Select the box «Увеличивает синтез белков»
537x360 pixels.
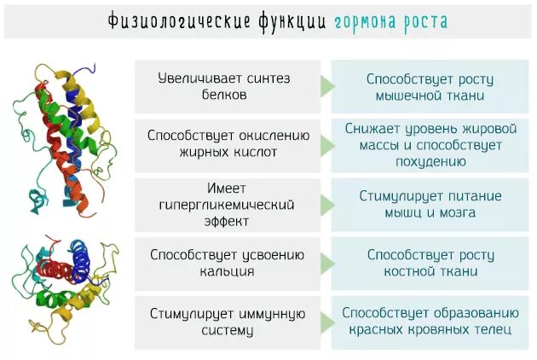pyautogui.click(x=227, y=86)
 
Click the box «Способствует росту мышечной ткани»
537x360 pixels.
pyautogui.click(x=430, y=86)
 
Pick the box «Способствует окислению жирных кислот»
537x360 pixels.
pyautogui.click(x=227, y=144)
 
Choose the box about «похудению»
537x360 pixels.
pyautogui.click(x=430, y=144)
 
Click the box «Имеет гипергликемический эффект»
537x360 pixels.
pyautogui.click(x=227, y=204)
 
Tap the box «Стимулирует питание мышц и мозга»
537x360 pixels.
pyautogui.click(x=430, y=204)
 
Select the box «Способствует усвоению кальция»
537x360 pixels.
pyautogui.click(x=227, y=263)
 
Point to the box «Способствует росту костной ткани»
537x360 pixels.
pyautogui.click(x=430, y=263)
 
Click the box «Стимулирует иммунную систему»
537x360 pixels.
pyautogui.click(x=227, y=322)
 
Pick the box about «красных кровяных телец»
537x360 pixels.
pyautogui.click(x=430, y=322)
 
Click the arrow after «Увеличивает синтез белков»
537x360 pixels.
pyautogui.click(x=327, y=86)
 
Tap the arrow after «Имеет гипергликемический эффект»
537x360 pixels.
pyautogui.click(x=327, y=205)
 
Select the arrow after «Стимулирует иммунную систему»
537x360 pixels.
pyautogui.click(x=327, y=322)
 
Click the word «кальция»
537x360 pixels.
pyautogui.click(x=227, y=272)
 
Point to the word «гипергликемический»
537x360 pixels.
pyautogui.click(x=227, y=205)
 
